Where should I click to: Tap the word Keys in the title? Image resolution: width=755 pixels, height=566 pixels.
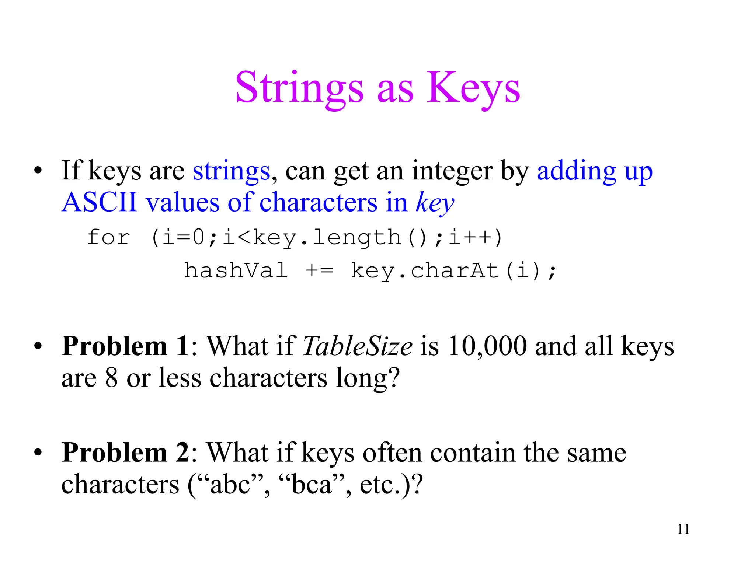tap(473, 88)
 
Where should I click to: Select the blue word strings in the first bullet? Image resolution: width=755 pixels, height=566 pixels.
tap(232, 171)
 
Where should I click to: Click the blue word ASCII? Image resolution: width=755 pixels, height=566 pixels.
tap(99, 202)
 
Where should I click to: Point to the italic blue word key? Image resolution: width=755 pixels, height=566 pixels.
tap(435, 203)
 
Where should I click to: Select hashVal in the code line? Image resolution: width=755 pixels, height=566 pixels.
tap(236, 270)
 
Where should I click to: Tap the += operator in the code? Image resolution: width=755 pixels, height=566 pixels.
tap(319, 271)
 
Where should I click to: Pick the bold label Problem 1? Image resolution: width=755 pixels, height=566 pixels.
tap(125, 346)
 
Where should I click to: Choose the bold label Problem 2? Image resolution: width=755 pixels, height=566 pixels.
tap(125, 453)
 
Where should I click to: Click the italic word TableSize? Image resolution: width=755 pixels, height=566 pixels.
tap(357, 346)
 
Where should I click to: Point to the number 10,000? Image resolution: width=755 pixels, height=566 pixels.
tap(487, 346)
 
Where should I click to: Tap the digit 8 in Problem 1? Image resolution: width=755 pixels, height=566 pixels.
tap(111, 378)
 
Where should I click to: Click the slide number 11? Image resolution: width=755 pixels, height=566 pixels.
tap(683, 530)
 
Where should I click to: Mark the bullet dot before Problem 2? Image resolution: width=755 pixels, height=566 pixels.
tap(38, 453)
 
